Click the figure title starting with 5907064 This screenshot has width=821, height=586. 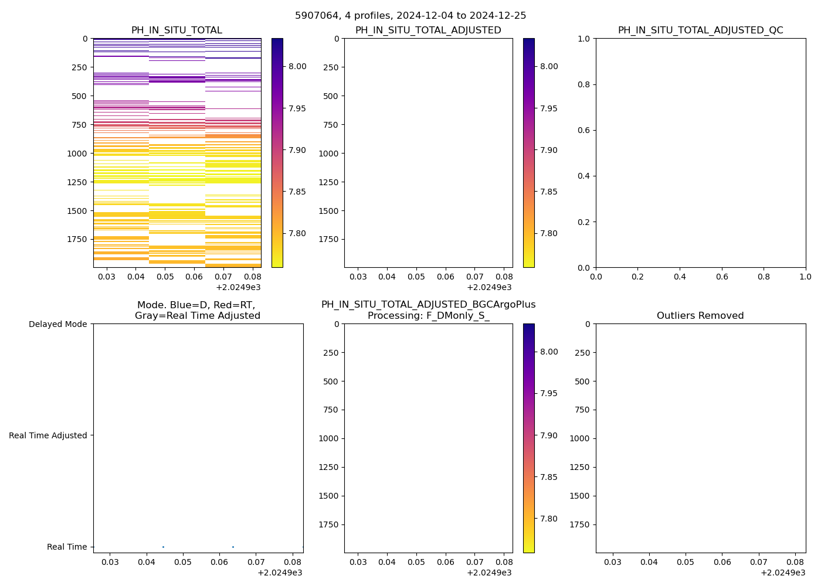point(410,16)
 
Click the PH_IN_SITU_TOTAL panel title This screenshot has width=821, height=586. point(177,30)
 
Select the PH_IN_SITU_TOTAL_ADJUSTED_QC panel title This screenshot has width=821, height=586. point(700,30)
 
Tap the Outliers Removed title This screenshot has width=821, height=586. point(700,316)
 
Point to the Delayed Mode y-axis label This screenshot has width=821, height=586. point(57,324)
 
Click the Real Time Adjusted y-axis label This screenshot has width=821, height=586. point(48,435)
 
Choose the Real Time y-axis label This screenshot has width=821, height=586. point(67,547)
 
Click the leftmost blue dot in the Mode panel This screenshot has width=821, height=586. point(163,547)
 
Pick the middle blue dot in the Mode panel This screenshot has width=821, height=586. point(233,547)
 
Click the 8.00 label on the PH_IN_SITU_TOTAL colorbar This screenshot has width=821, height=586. point(297,66)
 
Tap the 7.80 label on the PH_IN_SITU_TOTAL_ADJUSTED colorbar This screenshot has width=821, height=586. point(549,233)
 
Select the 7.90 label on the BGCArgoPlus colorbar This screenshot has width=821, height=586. point(549,435)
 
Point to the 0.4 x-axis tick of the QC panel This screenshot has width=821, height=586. point(680,277)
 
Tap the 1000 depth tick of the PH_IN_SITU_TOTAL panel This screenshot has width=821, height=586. point(77,154)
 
